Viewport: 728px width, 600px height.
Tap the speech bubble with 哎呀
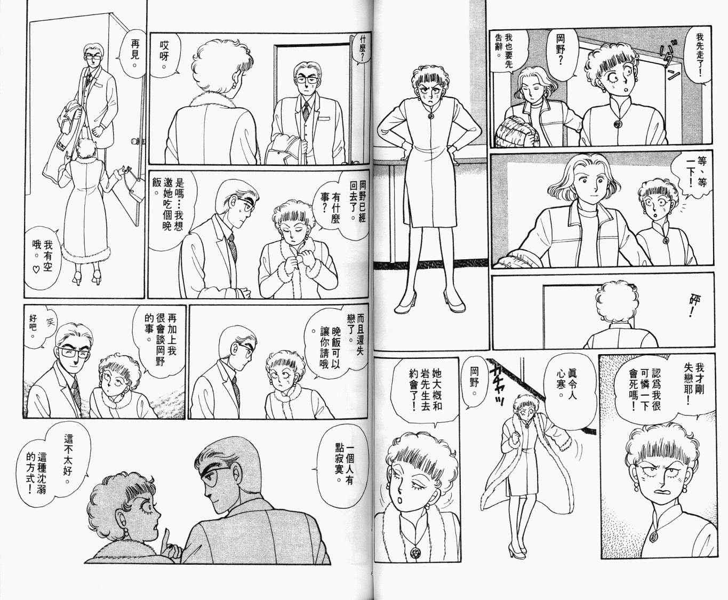166,55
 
